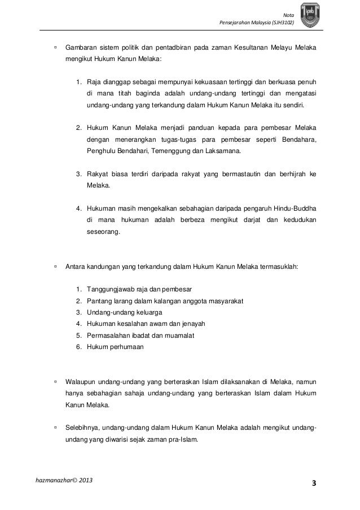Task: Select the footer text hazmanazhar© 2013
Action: (x=65, y=480)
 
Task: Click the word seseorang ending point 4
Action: (x=103, y=231)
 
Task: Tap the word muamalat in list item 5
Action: (x=175, y=335)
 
